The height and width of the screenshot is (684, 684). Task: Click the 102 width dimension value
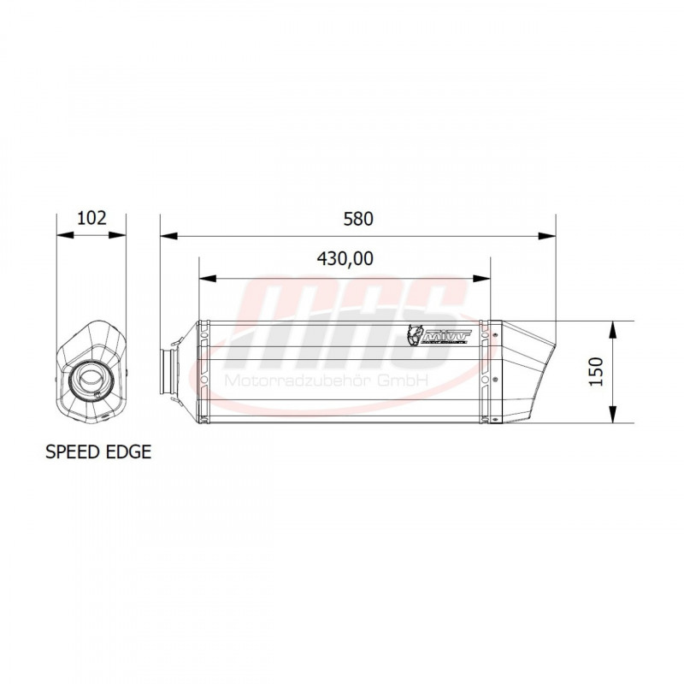click(x=91, y=217)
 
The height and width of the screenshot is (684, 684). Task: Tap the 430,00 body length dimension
click(x=345, y=260)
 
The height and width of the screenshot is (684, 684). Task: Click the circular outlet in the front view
click(x=89, y=375)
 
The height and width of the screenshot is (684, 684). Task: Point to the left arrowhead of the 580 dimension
click(x=166, y=234)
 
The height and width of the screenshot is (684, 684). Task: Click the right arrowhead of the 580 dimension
click(x=550, y=234)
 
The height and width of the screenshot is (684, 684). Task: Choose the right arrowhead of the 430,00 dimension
click(x=485, y=278)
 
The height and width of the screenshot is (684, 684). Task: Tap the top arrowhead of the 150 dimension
click(x=614, y=327)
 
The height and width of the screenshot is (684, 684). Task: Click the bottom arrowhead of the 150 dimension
click(x=614, y=418)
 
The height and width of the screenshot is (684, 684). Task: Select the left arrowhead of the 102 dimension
click(x=61, y=234)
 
